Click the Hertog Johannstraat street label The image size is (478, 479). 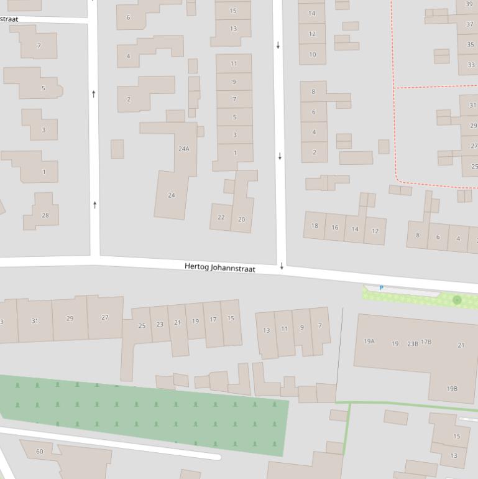pos(219,267)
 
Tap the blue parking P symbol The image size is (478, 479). pos(381,288)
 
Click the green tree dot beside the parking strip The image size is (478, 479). pos(457,300)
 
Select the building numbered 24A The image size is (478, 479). pos(183,149)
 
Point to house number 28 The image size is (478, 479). pos(45,215)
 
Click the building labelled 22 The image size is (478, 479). pos(221,217)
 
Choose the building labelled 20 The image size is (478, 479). pos(241,219)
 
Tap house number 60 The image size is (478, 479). pos(40,451)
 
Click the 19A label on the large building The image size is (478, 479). pos(369,342)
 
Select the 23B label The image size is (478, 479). pos(412,343)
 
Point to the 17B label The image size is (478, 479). pos(426,342)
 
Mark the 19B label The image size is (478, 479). pos(452,389)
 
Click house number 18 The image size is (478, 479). pos(315,226)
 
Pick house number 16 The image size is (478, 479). pos(334,228)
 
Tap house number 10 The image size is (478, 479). pos(312,54)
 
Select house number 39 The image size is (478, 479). pos(469,4)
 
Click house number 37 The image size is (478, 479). pos(469,24)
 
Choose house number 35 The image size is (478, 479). pos(470,45)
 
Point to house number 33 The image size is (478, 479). pos(471,65)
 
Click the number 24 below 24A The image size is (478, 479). pos(172,195)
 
